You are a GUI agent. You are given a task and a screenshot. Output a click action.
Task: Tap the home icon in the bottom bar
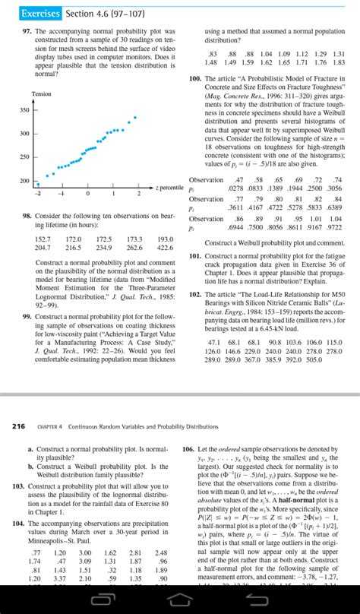click(x=179, y=599)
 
